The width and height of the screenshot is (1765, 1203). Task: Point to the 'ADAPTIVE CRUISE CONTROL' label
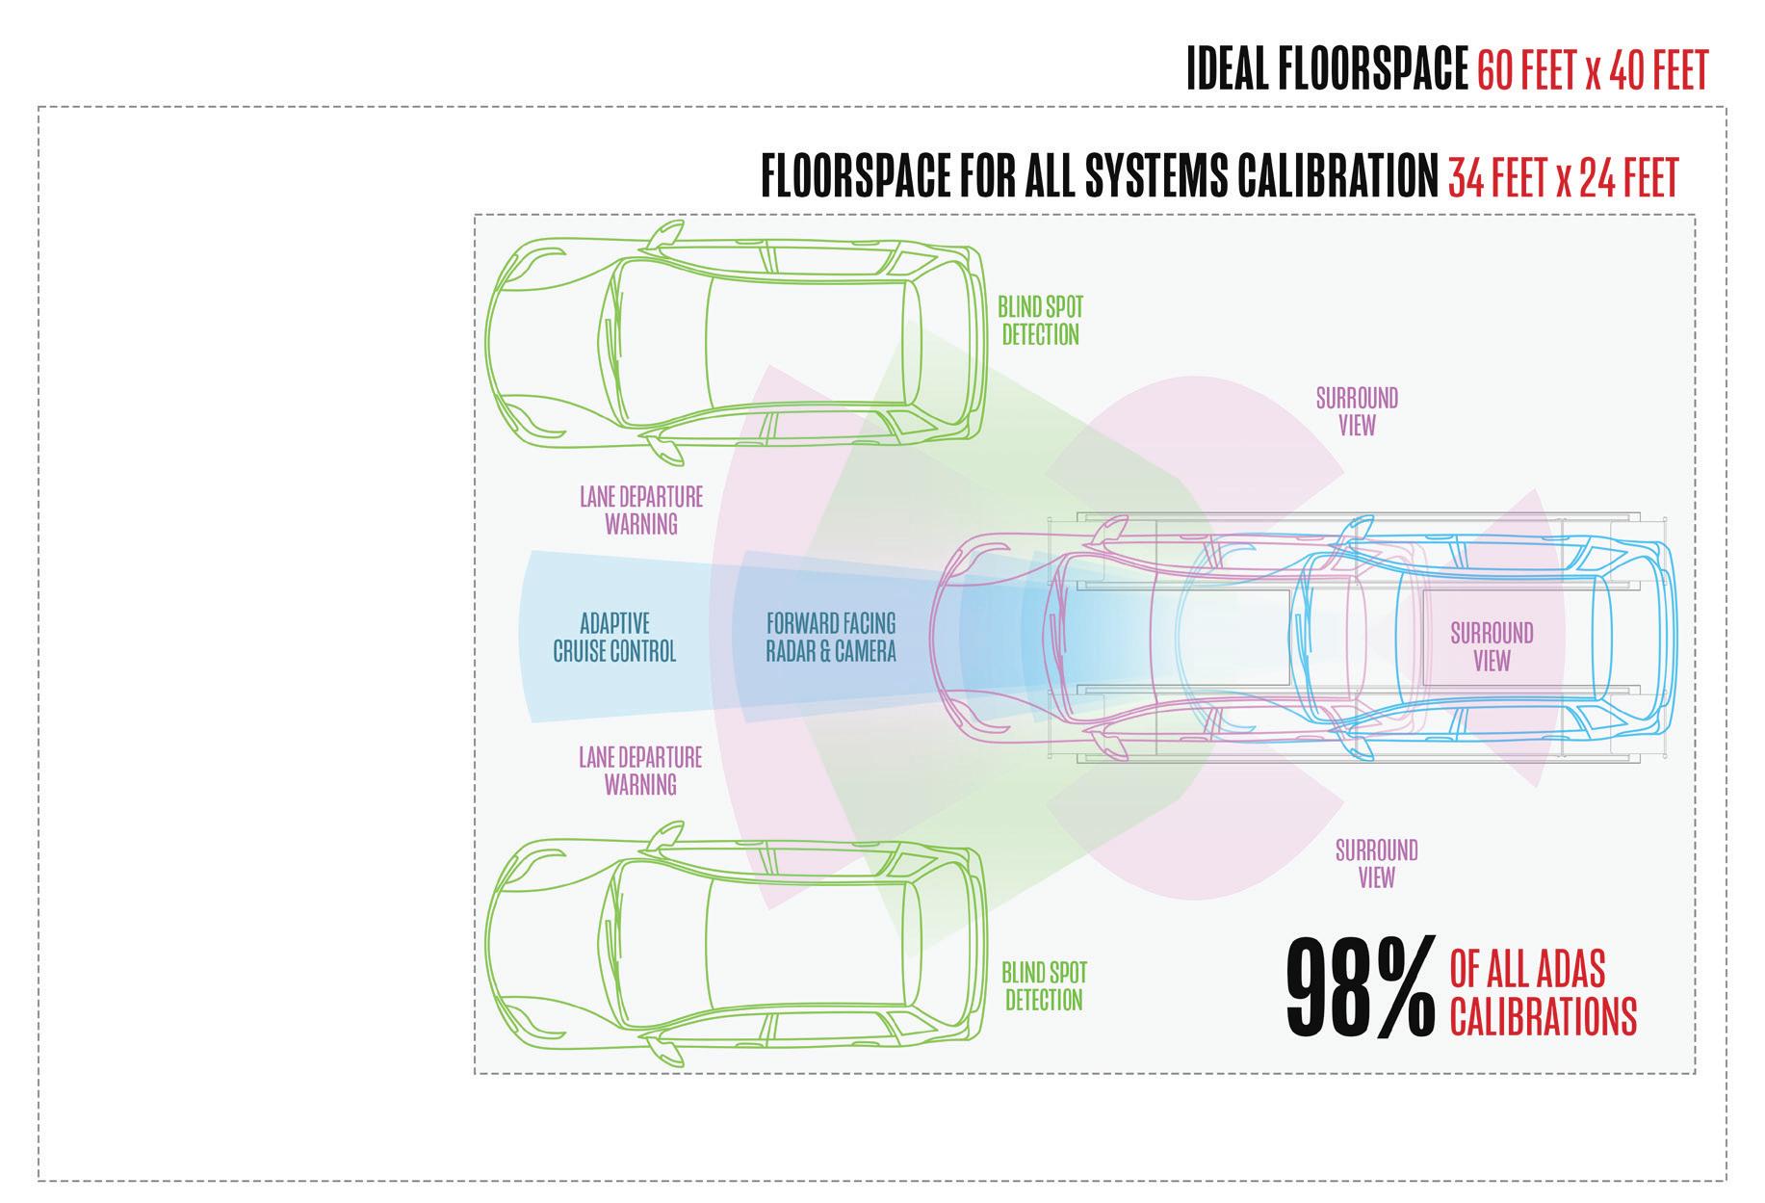click(x=614, y=638)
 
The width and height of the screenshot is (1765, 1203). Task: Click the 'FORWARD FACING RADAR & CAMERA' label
click(x=830, y=638)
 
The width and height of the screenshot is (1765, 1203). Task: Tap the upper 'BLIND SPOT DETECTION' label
click(x=1040, y=321)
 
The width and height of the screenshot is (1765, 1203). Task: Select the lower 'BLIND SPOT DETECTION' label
click(x=1044, y=985)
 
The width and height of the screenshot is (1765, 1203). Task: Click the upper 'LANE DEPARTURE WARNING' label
click(x=640, y=510)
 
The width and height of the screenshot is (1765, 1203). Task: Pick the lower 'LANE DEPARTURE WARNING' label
click(x=640, y=771)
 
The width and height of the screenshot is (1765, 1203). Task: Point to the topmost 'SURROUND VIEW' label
click(x=1357, y=411)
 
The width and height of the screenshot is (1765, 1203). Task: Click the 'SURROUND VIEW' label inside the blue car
click(x=1492, y=646)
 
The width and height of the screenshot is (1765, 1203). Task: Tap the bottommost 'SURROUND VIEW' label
click(x=1376, y=863)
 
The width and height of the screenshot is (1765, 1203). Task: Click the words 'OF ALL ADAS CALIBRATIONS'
click(x=1542, y=992)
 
